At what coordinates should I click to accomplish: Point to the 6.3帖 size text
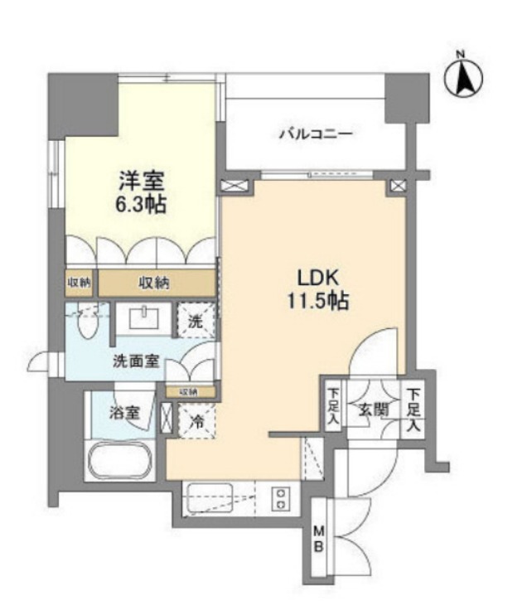[x=142, y=204]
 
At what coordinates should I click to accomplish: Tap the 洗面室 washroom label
[x=138, y=361]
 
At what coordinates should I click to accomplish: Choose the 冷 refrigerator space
[x=196, y=419]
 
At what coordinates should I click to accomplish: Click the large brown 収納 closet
[x=154, y=283]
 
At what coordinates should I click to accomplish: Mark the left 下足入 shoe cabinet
[x=331, y=404]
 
